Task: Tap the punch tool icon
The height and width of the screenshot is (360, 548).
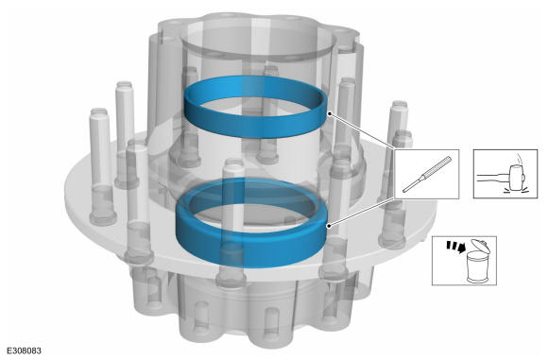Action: (x=427, y=174)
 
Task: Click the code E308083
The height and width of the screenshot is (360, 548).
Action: (x=24, y=351)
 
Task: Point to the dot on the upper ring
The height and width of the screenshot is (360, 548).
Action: (x=329, y=113)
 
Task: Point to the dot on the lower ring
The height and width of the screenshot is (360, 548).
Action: (x=329, y=226)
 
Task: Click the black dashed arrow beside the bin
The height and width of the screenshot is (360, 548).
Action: (x=455, y=247)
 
